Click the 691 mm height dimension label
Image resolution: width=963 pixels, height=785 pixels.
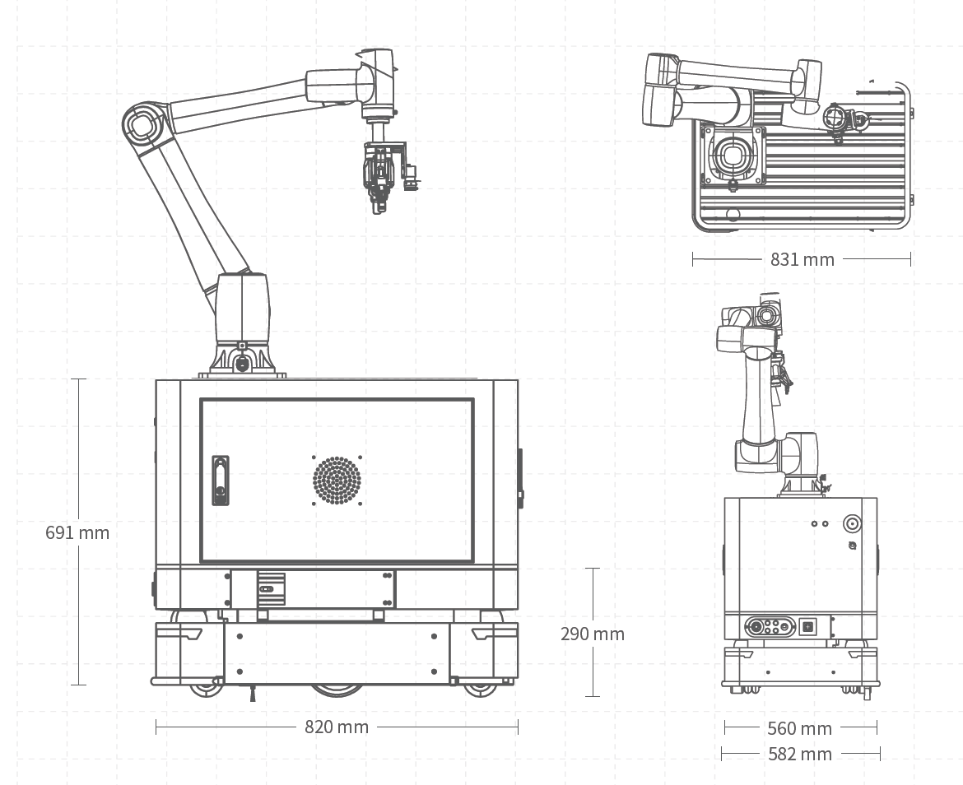(x=77, y=532)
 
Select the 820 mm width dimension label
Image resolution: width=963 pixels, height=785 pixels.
(x=337, y=727)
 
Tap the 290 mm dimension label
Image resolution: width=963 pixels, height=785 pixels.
(x=593, y=634)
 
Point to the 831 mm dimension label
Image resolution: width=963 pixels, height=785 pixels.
(x=802, y=259)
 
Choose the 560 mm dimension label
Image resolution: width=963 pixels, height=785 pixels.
(x=799, y=728)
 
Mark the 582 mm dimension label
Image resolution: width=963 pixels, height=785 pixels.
(x=799, y=754)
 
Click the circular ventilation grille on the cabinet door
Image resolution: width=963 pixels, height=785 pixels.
(x=337, y=480)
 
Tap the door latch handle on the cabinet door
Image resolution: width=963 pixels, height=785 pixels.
(x=220, y=480)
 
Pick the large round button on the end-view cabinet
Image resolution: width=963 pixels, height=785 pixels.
(x=852, y=524)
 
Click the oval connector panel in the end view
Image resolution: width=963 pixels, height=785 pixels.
(x=769, y=626)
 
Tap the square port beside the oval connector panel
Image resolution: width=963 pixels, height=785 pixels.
(x=808, y=626)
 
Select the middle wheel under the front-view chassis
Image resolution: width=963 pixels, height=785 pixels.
(x=337, y=689)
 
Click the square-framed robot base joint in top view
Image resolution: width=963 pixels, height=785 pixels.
(x=732, y=154)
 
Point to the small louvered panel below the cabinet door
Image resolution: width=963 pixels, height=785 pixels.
(x=271, y=588)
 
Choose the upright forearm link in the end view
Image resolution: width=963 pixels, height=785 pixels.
(x=758, y=395)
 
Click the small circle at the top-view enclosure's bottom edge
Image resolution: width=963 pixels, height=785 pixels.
(x=733, y=215)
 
